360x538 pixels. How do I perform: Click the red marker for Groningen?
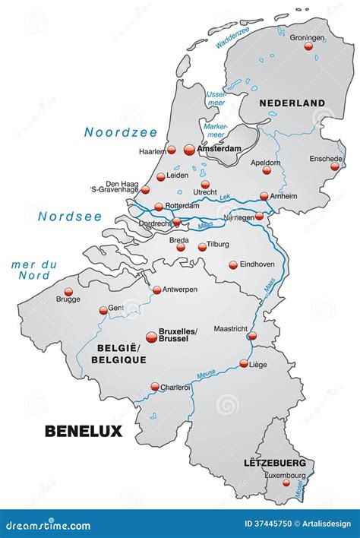click(308, 46)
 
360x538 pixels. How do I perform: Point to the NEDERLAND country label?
click(292, 103)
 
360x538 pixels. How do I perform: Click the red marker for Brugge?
click(68, 290)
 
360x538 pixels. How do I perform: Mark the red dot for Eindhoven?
click(233, 265)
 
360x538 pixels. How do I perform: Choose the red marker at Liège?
click(244, 364)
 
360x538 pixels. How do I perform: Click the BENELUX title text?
click(84, 431)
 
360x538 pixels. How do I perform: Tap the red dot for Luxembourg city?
click(287, 483)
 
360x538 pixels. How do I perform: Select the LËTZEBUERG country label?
click(275, 462)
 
